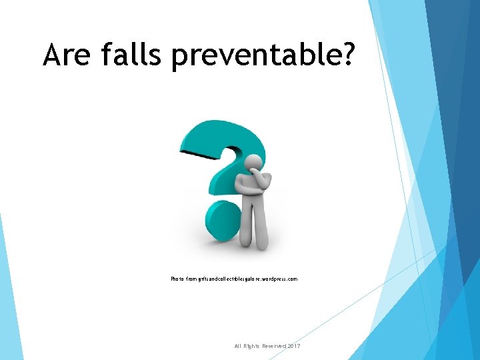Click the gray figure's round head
coord(253,163)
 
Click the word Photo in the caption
coord(178,279)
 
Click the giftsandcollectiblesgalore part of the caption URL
coord(231,279)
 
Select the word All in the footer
coord(239,346)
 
